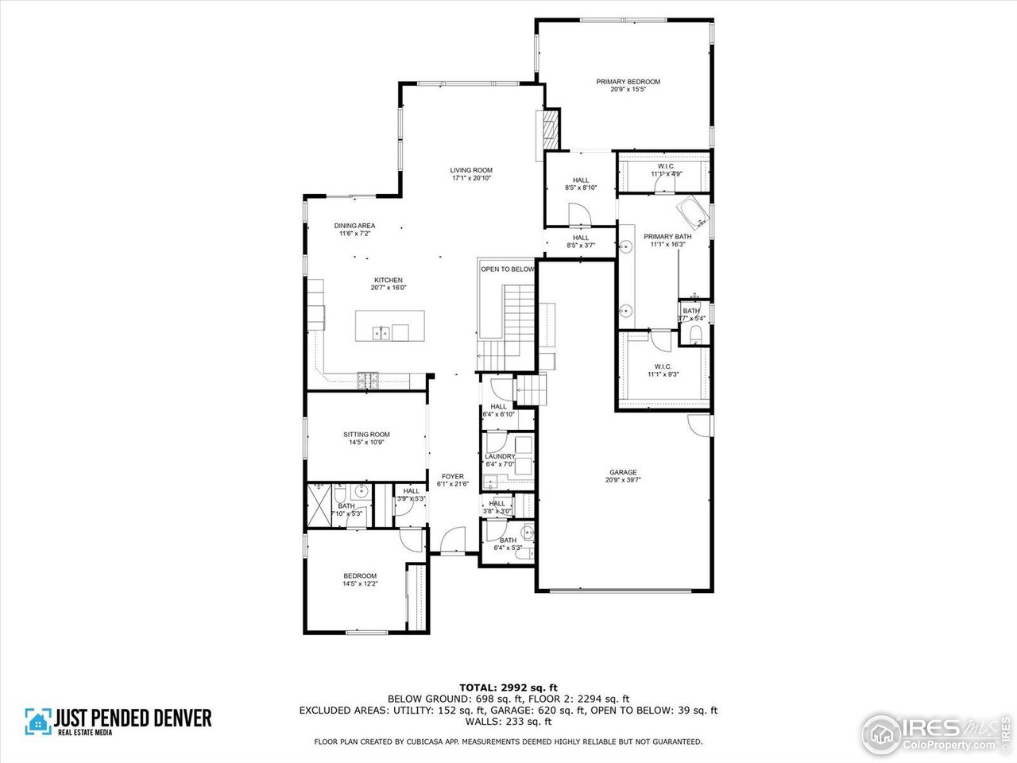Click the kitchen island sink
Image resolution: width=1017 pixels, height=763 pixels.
pyautogui.click(x=381, y=332)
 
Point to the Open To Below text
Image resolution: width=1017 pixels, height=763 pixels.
pyautogui.click(x=507, y=269)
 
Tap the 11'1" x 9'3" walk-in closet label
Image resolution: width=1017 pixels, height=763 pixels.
pyautogui.click(x=663, y=370)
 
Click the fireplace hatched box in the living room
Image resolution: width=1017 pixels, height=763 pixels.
pyautogui.click(x=548, y=128)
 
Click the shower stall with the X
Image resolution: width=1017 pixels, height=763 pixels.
pyautogui.click(x=319, y=504)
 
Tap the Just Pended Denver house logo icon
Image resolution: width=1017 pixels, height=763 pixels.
pyautogui.click(x=37, y=721)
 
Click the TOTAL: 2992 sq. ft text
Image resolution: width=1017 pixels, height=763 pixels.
pyautogui.click(x=508, y=687)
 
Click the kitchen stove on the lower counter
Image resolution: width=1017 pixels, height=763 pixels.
pyautogui.click(x=369, y=380)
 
